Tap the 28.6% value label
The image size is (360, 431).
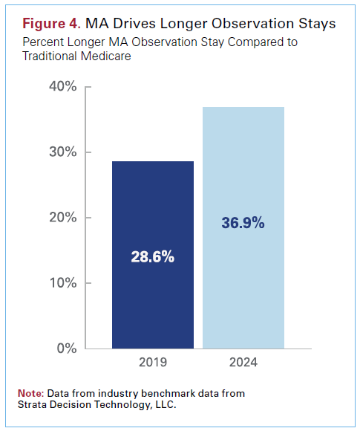(x=153, y=258)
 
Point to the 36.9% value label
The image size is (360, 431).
(x=243, y=223)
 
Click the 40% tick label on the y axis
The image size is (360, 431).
(x=62, y=87)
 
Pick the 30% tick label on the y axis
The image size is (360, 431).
(x=62, y=152)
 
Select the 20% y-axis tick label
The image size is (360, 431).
(x=62, y=218)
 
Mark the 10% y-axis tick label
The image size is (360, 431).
(x=62, y=283)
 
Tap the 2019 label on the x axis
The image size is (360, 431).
(x=153, y=365)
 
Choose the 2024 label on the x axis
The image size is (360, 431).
(x=243, y=365)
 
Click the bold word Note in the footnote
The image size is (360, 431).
(x=30, y=392)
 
